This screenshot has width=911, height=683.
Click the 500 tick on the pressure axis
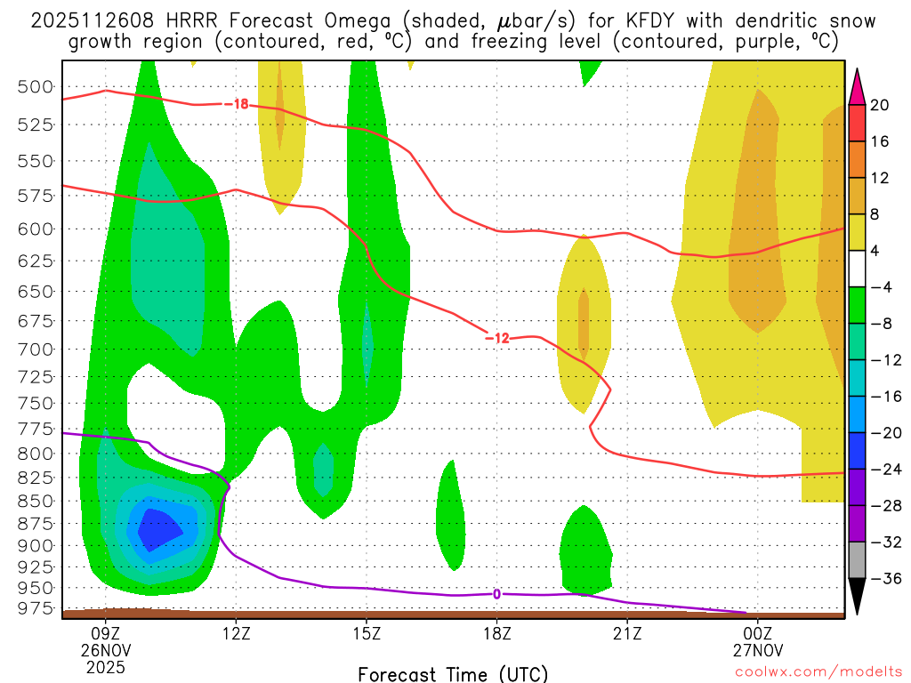coord(36,86)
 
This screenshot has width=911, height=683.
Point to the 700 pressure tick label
coord(36,349)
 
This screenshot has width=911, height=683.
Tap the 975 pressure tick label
coord(36,608)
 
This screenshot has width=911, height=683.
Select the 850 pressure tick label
coord(36,502)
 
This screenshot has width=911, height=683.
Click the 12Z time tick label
coord(236,633)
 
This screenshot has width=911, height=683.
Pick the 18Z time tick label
coord(496,633)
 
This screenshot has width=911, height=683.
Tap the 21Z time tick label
coord(627,633)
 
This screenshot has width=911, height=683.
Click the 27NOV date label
coord(758,650)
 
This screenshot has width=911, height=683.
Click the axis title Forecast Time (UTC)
coord(453,673)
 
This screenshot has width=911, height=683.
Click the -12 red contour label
coord(497,338)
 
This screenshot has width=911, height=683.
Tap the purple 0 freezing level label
coord(496,594)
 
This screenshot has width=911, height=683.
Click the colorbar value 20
coord(880,105)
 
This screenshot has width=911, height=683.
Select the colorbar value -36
coord(880,578)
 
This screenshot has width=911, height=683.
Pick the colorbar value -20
coord(880,432)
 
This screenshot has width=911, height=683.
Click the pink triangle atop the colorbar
coord(858,85)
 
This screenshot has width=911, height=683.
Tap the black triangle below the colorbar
coord(858,597)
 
